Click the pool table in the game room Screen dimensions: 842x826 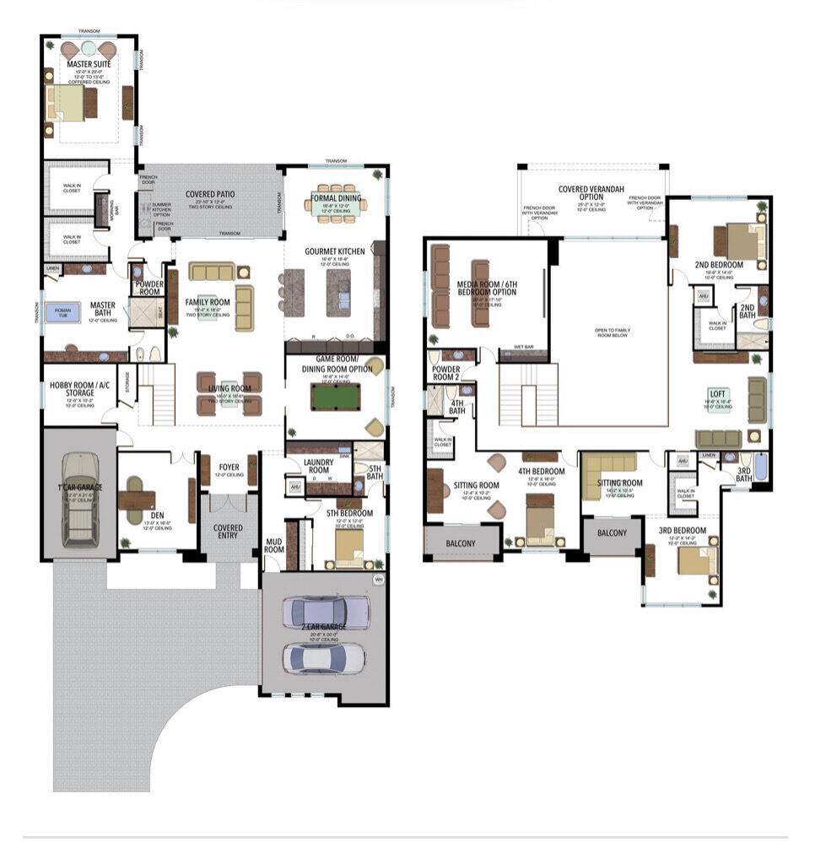click(336, 396)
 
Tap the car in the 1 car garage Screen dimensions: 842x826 click(78, 497)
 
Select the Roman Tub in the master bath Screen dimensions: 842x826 click(62, 312)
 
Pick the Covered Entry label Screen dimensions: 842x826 click(228, 532)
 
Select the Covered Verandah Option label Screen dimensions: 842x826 click(591, 193)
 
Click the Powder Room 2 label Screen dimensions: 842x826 click(445, 373)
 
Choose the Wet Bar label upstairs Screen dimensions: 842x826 click(522, 348)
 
